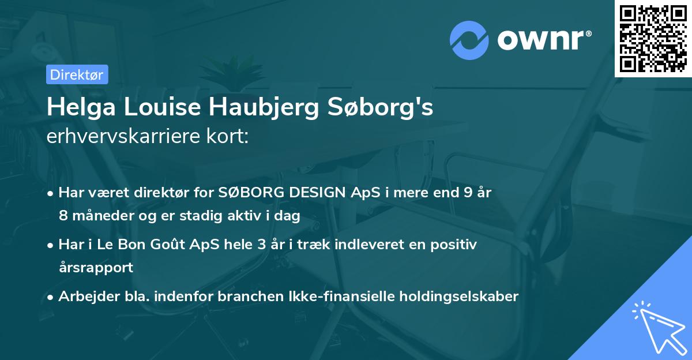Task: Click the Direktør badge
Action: point(77,75)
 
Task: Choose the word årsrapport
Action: point(96,268)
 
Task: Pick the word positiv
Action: point(455,245)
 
